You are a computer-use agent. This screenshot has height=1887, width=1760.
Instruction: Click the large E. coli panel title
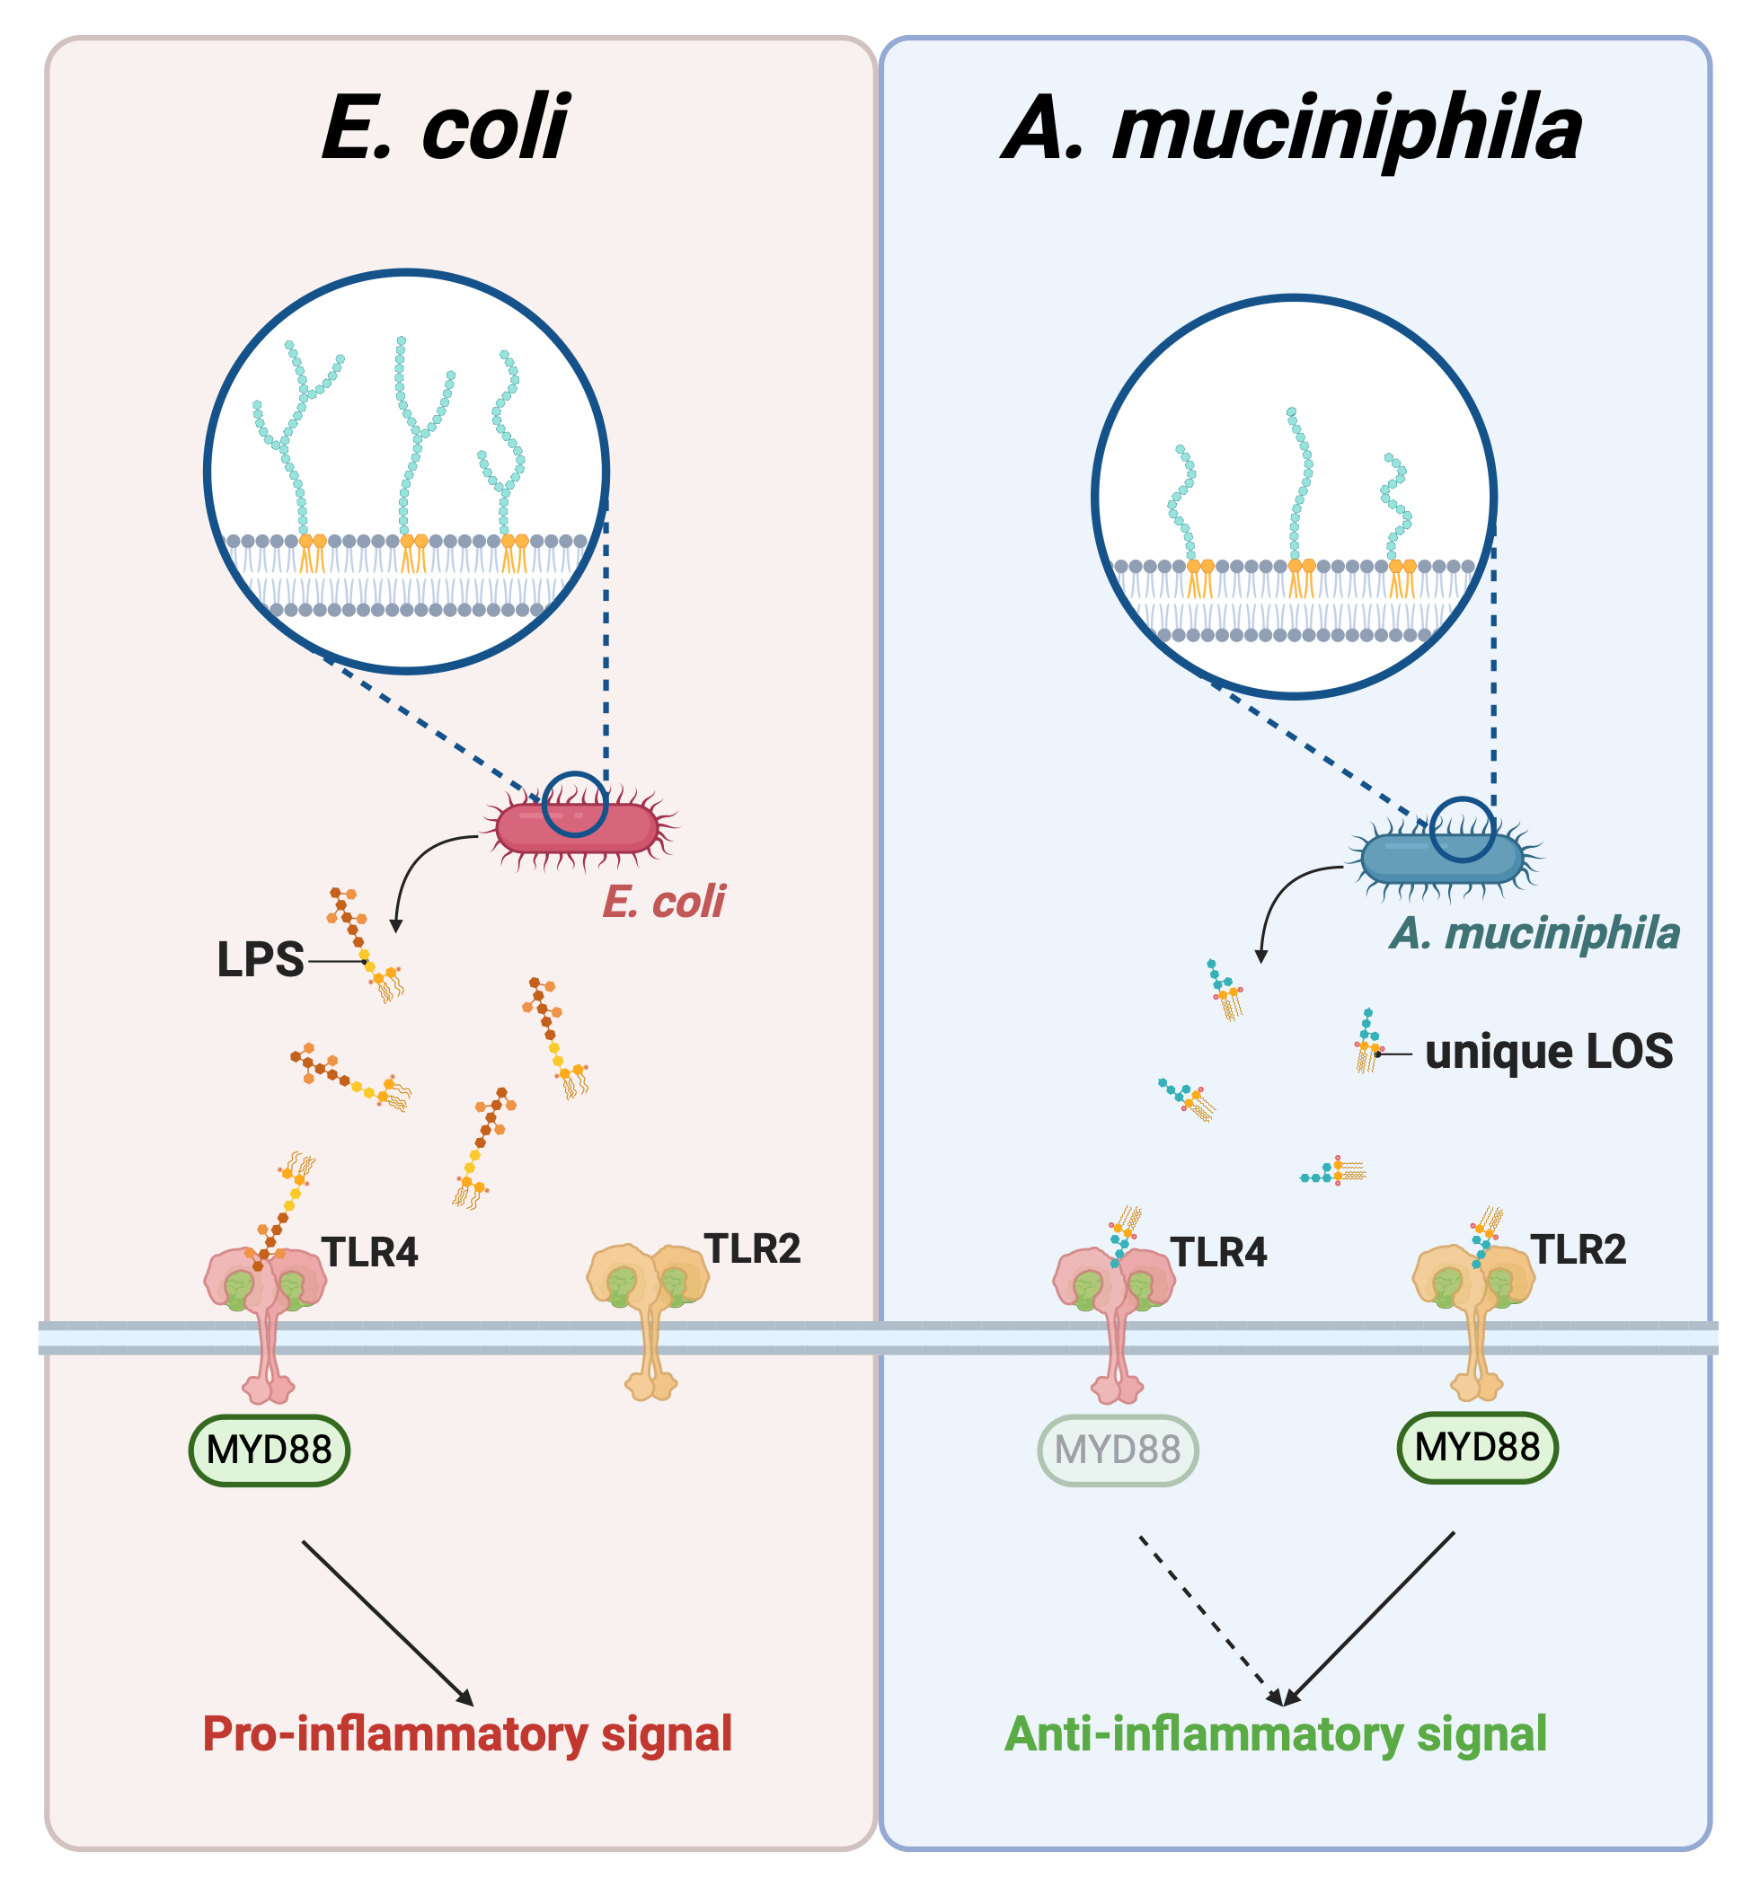[445, 128]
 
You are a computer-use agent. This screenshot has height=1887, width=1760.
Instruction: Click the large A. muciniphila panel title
[1292, 129]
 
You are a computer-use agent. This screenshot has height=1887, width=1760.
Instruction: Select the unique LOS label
[1548, 1052]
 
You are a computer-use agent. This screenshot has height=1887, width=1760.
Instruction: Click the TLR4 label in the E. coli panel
[370, 1252]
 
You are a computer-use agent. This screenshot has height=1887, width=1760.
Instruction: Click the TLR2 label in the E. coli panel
[752, 1248]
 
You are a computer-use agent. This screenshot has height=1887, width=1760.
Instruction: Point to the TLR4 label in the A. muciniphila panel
[1219, 1252]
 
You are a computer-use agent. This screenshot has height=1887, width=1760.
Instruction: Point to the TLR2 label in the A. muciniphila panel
[1579, 1249]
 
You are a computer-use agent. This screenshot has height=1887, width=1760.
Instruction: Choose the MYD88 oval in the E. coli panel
[270, 1450]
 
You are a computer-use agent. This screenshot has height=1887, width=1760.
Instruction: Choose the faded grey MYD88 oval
[1118, 1450]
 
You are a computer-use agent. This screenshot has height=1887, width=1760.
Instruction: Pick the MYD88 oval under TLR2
[1477, 1447]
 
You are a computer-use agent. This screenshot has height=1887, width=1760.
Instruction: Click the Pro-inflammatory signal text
[467, 1733]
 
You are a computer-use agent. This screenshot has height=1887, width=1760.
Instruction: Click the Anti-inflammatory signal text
[1276, 1733]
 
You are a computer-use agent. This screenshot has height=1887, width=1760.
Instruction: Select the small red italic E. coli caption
[664, 901]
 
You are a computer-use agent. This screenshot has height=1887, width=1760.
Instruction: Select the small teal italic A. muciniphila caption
[1535, 933]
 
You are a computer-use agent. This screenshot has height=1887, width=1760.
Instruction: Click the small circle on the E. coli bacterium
[575, 804]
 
